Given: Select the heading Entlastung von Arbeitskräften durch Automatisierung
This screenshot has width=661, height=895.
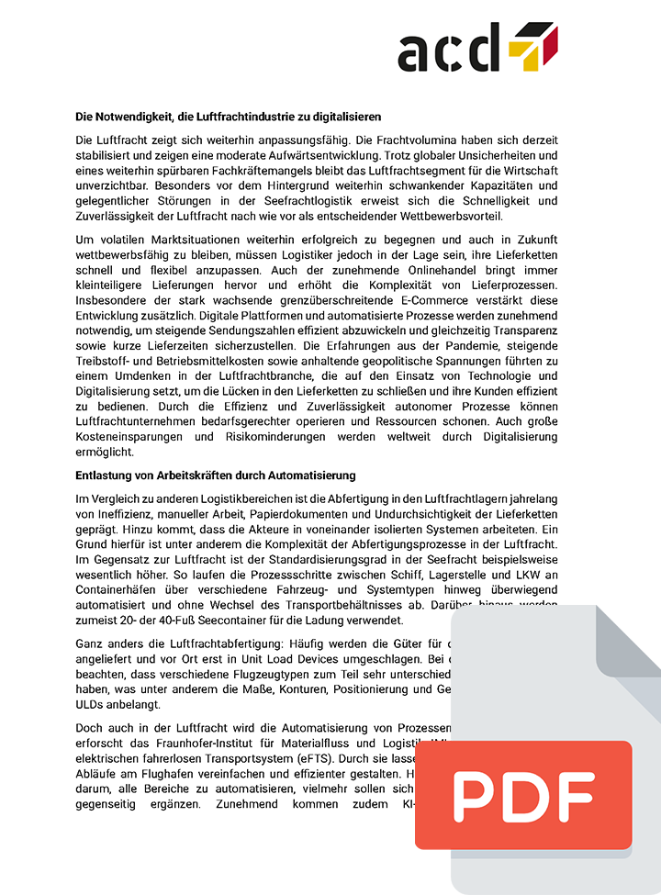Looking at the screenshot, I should click(x=215, y=475).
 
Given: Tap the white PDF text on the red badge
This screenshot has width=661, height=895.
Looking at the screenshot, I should click(x=523, y=795).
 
